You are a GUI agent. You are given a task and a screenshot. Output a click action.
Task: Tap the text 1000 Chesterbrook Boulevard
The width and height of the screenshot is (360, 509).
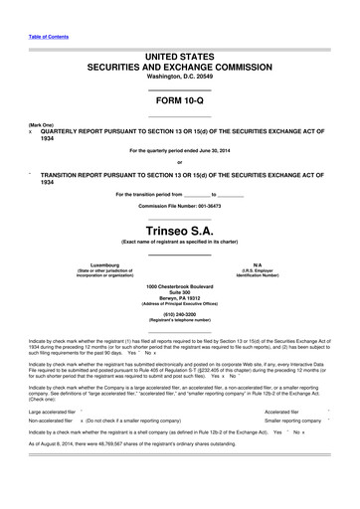179,285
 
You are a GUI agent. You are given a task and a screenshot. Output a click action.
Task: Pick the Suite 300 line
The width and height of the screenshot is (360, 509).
179,292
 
